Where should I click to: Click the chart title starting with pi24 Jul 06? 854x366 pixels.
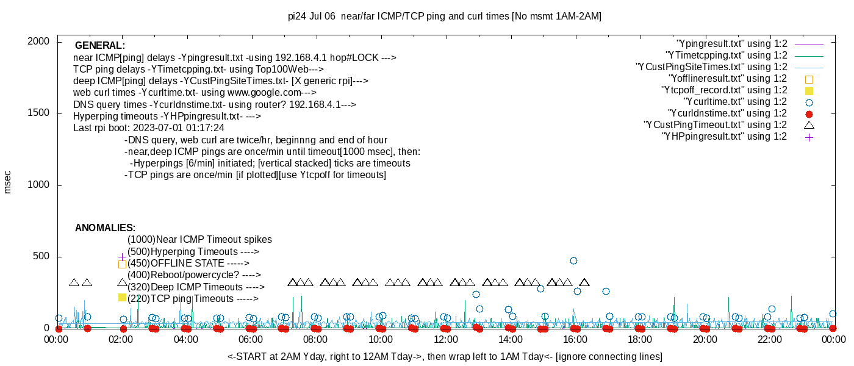(445, 16)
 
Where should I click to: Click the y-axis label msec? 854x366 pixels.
(7, 182)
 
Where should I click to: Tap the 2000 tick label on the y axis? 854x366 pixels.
(38, 41)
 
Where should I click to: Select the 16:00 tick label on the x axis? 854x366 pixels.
(575, 339)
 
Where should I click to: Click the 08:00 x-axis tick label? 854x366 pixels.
(315, 339)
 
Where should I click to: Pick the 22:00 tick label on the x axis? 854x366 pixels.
(770, 339)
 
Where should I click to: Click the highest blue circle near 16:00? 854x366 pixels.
(573, 261)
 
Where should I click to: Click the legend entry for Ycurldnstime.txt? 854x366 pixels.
(727, 113)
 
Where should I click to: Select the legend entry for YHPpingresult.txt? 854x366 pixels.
(725, 137)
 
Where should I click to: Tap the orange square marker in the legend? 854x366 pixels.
(809, 79)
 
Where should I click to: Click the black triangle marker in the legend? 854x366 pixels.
(809, 125)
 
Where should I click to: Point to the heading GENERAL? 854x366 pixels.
(100, 45)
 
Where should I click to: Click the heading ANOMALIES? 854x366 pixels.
(105, 228)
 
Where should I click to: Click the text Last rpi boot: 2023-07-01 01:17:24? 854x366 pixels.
(149, 127)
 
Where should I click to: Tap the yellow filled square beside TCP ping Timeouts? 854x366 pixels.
(122, 298)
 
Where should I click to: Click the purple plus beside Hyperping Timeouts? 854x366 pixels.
(122, 257)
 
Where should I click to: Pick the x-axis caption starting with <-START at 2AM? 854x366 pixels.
(445, 356)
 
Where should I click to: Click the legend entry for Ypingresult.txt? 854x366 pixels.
(732, 44)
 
